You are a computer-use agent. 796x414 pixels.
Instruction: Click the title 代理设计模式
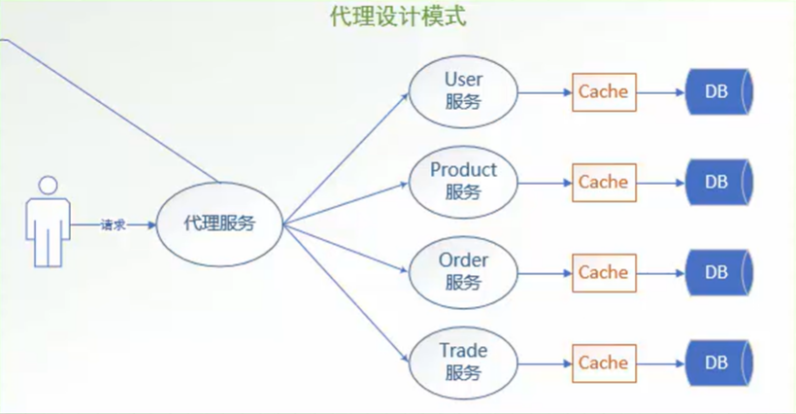399,18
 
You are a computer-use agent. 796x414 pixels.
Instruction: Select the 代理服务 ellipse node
219,224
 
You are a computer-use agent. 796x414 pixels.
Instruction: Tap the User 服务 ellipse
462,90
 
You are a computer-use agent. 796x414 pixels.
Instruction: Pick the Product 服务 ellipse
462,182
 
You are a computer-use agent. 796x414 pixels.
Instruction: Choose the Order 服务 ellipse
462,272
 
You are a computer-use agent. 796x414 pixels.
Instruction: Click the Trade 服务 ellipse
462,362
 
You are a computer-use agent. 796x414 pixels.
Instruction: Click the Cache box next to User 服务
603,92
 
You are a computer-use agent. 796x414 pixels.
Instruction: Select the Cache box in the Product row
603,182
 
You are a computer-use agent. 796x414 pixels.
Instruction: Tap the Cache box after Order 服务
603,272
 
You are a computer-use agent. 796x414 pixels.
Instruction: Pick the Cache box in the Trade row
603,362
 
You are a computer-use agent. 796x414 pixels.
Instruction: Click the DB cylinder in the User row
718,92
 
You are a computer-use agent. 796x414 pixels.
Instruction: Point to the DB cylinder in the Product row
718,182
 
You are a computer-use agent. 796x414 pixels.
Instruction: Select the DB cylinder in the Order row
718,272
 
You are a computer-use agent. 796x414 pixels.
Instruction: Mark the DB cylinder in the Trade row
718,362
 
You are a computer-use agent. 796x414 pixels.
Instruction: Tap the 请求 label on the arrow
113,224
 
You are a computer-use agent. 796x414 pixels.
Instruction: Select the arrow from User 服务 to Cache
544,92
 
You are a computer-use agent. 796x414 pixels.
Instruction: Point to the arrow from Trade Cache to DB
660,362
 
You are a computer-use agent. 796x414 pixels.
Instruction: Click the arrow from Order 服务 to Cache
544,272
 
